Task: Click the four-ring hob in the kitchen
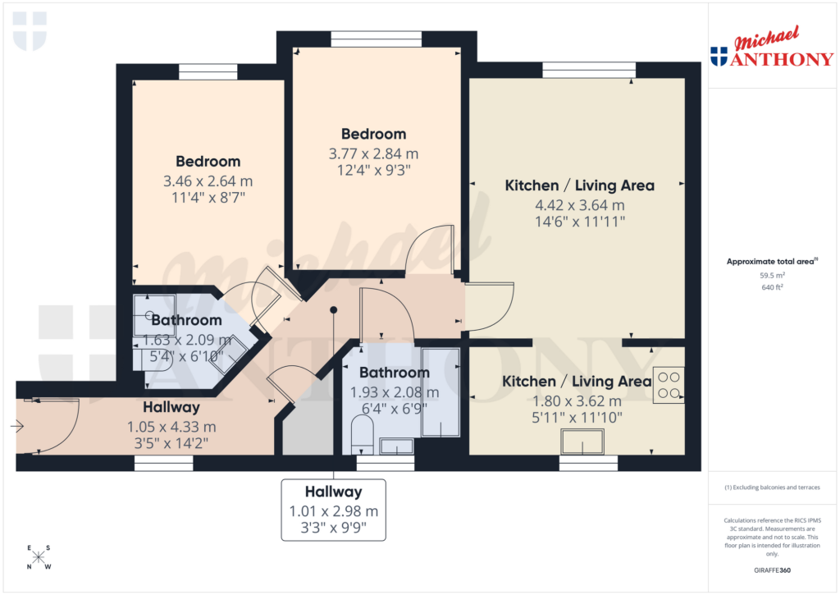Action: pos(669,386)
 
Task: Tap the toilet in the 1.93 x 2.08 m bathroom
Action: pos(363,434)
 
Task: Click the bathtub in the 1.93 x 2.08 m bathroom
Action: pos(439,390)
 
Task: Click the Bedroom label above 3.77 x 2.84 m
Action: pos(373,134)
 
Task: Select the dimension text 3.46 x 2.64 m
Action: pos(208,181)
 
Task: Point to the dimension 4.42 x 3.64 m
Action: pos(579,205)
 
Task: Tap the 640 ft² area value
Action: pos(771,288)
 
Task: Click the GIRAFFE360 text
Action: pos(771,570)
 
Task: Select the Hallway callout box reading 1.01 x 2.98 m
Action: pos(333,510)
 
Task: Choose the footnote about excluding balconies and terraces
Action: pos(771,487)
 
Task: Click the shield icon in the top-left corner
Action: pos(30,30)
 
